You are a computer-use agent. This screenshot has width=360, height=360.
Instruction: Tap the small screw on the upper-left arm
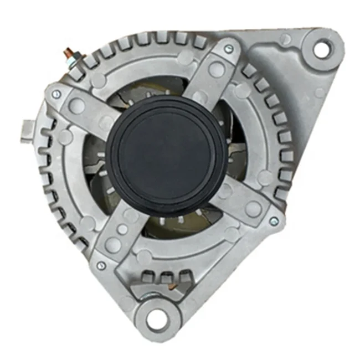point(56,94)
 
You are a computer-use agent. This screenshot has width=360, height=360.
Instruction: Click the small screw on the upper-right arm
point(228,49)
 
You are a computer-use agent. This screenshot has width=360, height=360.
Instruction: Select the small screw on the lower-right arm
point(273,221)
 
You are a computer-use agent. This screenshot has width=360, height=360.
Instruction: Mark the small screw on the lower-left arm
point(100,266)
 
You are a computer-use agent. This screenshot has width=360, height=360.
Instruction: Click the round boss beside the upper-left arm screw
point(78,105)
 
